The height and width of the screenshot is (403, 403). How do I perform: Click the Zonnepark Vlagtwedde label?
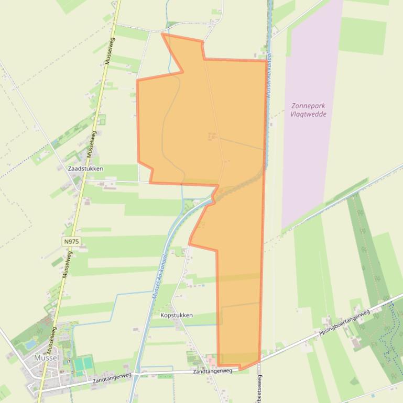pyautogui.click(x=308, y=110)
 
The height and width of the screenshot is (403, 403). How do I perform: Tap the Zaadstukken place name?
pyautogui.click(x=85, y=169)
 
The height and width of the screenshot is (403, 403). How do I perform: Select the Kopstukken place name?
pyautogui.click(x=177, y=315)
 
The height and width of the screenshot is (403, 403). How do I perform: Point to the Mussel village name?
pyautogui.click(x=46, y=357)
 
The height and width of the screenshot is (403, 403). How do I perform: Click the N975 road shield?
pyautogui.click(x=71, y=241)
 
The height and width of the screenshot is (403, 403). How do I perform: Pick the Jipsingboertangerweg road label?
pyautogui.click(x=344, y=322)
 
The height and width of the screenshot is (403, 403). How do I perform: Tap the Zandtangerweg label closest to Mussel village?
pyautogui.click(x=112, y=378)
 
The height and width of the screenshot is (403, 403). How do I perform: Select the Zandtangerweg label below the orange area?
pyautogui.click(x=212, y=371)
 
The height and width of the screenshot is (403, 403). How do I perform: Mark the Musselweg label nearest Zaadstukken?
pyautogui.click(x=91, y=143)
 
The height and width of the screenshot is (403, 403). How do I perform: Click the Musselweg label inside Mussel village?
pyautogui.click(x=51, y=340)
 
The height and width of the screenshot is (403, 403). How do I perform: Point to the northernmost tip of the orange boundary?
pyautogui.click(x=162, y=34)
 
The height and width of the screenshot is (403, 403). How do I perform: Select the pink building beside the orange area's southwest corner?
pyautogui.click(x=210, y=360)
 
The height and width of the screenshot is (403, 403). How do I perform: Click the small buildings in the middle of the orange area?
pyautogui.click(x=212, y=137)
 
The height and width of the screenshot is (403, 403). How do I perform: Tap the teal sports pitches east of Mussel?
pyautogui.click(x=83, y=363)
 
